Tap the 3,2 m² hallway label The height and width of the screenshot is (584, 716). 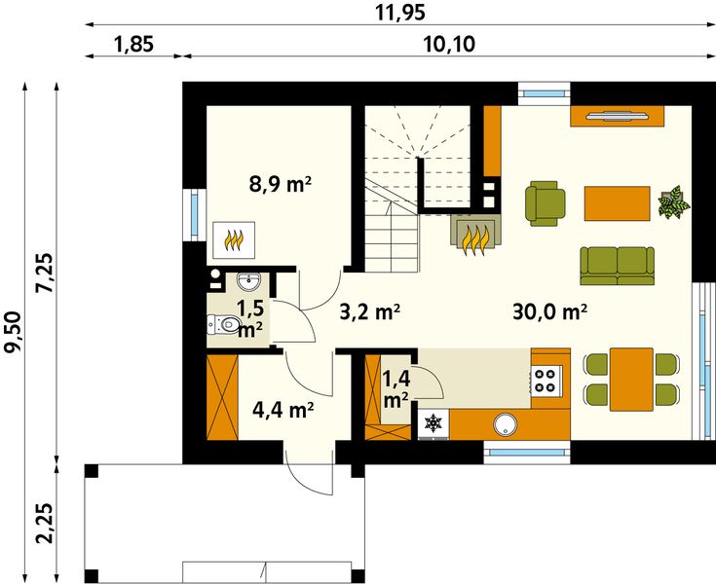coord(371,312)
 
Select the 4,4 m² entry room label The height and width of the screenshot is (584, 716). coord(283,410)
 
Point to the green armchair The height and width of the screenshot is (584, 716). coord(543,202)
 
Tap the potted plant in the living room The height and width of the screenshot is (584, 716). coord(673,203)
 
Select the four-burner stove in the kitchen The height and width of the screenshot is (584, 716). coord(546,380)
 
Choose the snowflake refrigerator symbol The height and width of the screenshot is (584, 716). coord(432,424)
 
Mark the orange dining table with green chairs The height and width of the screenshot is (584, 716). coord(630,378)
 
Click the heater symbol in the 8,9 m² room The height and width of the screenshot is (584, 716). coord(234,237)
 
